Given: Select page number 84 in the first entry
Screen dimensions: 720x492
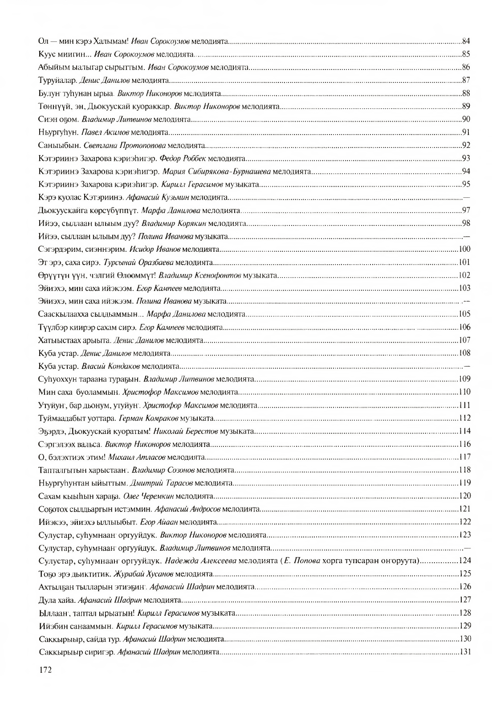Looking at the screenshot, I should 466,41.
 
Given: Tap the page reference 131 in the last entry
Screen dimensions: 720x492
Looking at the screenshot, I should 465,651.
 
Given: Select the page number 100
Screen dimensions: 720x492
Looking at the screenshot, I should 465,249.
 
